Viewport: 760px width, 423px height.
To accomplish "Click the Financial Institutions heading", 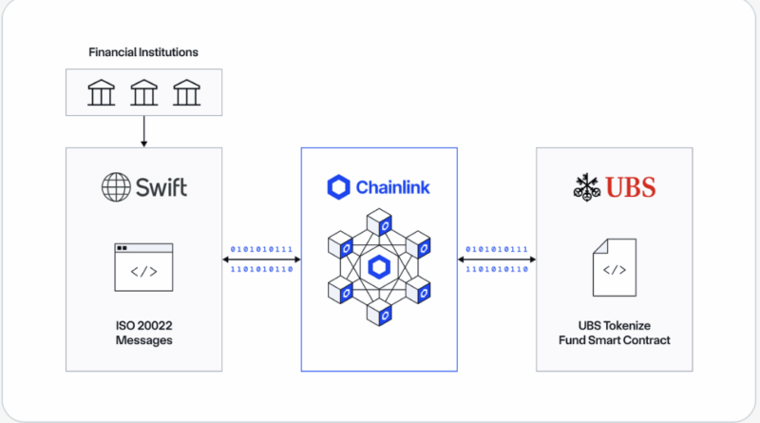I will (x=143, y=51).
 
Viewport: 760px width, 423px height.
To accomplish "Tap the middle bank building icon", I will (x=143, y=92).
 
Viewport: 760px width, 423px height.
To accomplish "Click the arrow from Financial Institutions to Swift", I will (x=143, y=131).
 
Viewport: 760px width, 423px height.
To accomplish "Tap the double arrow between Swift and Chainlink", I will (x=261, y=259).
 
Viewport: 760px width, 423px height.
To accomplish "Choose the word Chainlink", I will (x=392, y=187).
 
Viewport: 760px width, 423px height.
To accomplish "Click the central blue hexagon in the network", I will (x=379, y=266).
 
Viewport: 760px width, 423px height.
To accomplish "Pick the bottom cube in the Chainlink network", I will (x=379, y=312).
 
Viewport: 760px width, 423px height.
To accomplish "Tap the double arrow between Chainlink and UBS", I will (x=497, y=259).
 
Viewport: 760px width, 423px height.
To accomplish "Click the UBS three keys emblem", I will (x=588, y=187).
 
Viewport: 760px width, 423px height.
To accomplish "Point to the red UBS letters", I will (x=632, y=187).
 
